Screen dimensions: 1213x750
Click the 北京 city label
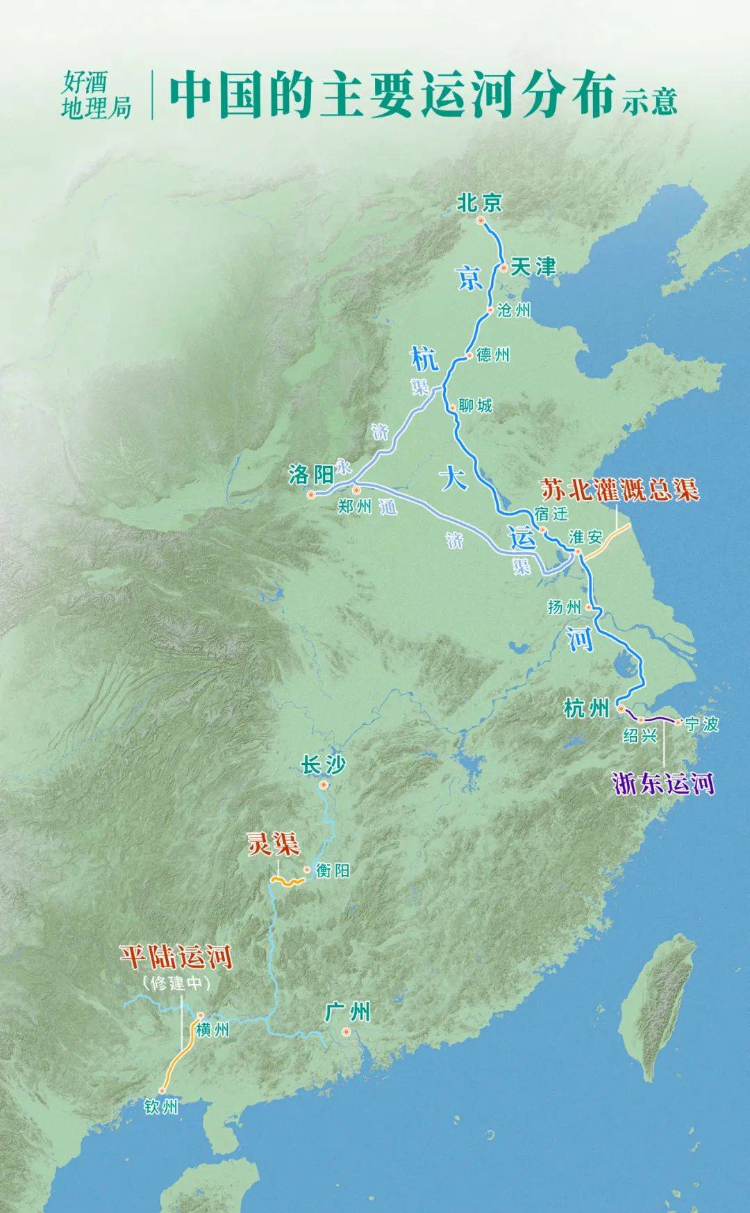pos(479,203)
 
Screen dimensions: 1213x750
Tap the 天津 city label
pos(533,267)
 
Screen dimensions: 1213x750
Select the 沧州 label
pos(514,310)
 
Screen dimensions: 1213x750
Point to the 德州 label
pos(493,355)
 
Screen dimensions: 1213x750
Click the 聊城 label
pos(476,405)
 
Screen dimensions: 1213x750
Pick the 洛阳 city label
pos(311,475)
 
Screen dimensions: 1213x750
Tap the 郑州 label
pos(355,507)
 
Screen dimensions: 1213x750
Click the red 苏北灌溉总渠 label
pos(619,490)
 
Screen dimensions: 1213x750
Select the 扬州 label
pos(564,608)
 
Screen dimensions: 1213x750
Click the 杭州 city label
pos(587,709)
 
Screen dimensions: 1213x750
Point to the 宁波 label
pos(701,724)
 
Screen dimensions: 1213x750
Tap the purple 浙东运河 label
pos(663,784)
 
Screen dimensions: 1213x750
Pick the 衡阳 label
pos(333,871)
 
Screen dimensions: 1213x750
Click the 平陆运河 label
pos(176,957)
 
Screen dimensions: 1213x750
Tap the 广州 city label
pos(348,1012)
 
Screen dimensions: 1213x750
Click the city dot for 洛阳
pos(311,495)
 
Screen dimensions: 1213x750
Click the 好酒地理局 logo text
pos(96,97)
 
